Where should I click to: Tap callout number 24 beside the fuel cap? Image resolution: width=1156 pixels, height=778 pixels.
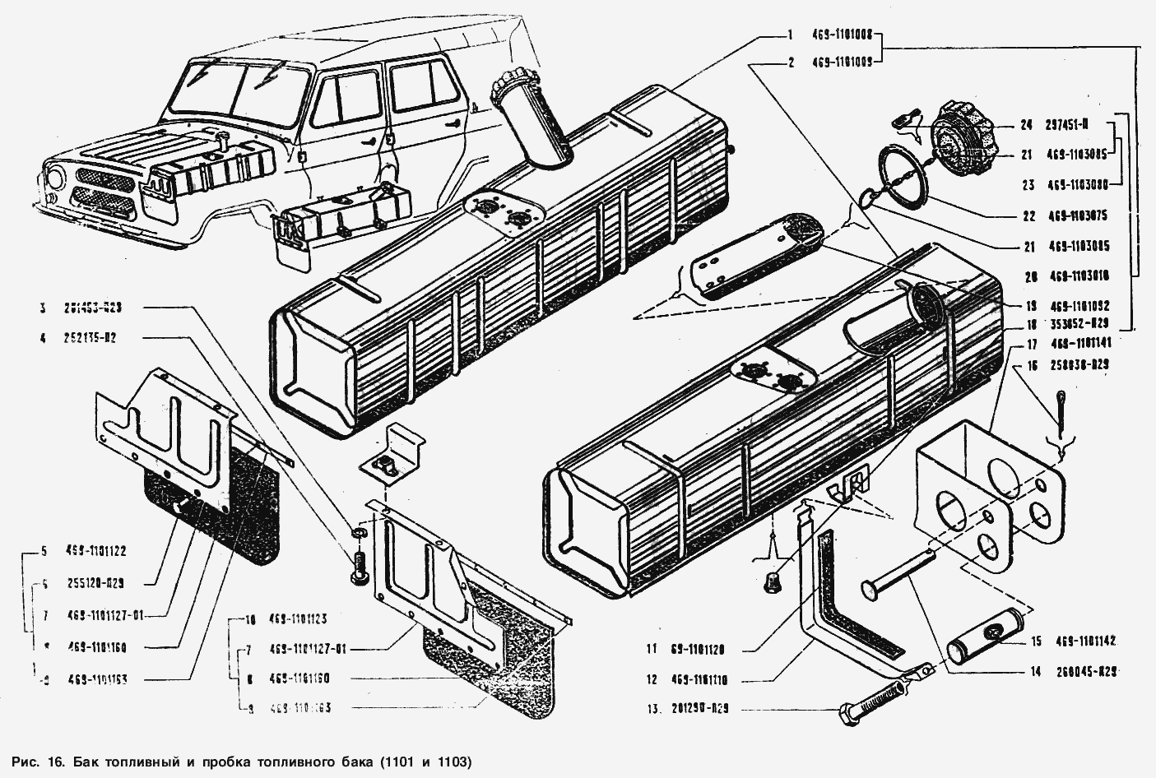click(x=1026, y=126)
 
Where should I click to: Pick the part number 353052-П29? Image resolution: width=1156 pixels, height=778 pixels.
click(x=1079, y=323)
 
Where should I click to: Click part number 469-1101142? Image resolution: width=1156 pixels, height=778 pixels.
click(x=1085, y=641)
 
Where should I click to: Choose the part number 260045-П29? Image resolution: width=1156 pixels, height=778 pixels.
click(x=1086, y=671)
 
